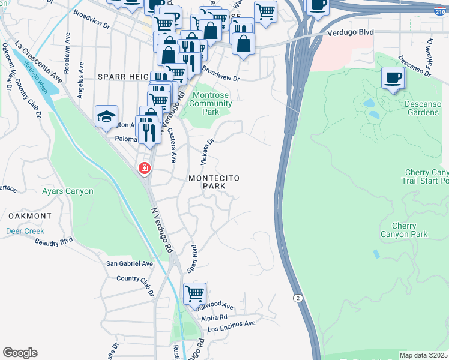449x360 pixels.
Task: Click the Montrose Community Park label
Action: [x=210, y=103]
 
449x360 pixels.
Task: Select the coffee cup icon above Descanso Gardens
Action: [x=393, y=78]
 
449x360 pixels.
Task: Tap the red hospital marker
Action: [x=144, y=169]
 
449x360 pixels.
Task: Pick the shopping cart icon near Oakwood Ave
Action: [x=194, y=294]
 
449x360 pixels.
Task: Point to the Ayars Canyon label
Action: [x=68, y=191]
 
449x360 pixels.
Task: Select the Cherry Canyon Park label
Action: [x=404, y=230]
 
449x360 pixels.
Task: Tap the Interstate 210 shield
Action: [x=441, y=11]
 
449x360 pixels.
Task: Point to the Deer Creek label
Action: [x=25, y=231]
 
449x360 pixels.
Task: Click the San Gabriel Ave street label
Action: [x=130, y=263]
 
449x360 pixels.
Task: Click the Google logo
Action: [x=20, y=353]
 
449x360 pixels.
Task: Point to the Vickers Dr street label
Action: [x=207, y=152]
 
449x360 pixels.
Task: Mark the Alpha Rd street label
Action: [x=214, y=317]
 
